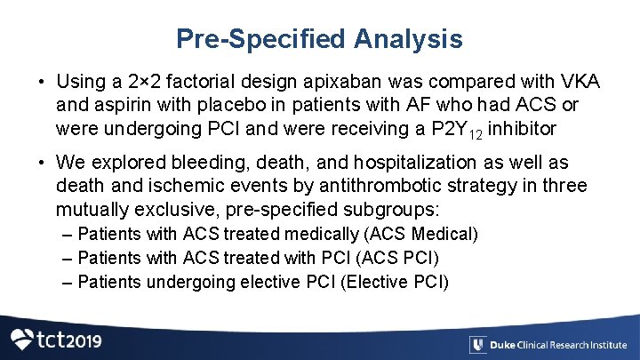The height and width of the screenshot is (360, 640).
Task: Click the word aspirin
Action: pos(117,106)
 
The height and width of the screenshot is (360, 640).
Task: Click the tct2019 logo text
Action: pos(68,340)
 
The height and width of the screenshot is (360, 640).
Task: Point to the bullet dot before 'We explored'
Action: pos(42,163)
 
